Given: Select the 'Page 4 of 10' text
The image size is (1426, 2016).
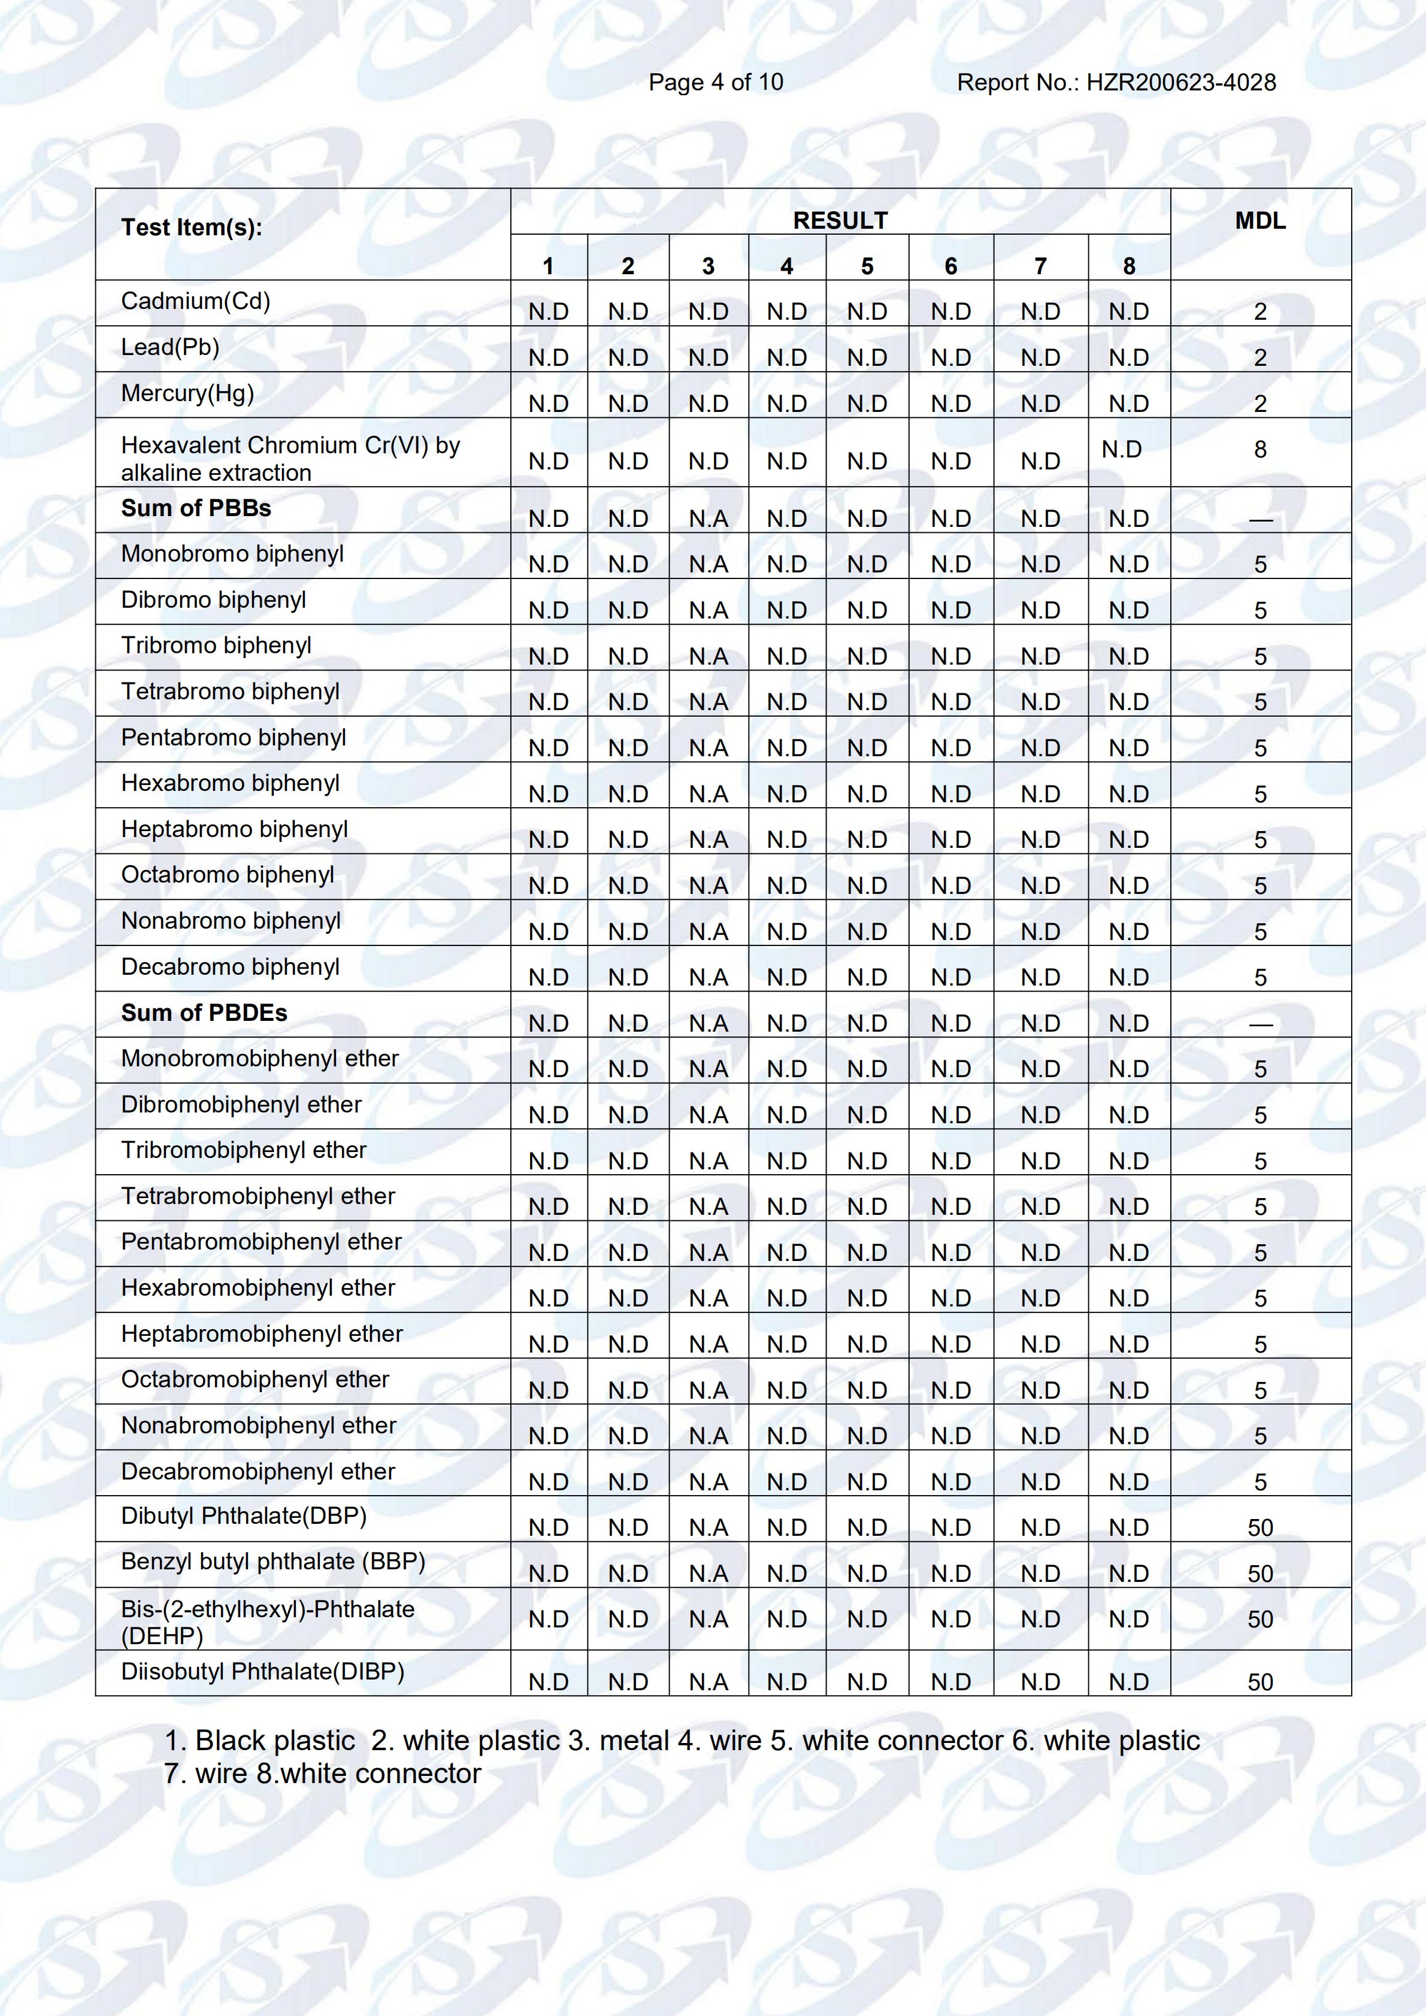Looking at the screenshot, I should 716,83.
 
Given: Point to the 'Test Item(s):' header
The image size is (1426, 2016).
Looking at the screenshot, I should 192,228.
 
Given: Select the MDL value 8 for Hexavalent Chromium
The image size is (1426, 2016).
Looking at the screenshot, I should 1260,450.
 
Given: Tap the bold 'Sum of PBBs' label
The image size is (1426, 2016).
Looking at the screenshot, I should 196,508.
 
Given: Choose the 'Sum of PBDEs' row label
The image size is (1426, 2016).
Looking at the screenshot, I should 204,1012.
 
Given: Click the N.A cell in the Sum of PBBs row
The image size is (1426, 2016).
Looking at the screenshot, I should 709,519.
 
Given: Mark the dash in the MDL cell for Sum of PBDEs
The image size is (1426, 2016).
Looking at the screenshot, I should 1260,1024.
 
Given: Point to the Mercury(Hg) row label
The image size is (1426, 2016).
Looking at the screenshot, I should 187,393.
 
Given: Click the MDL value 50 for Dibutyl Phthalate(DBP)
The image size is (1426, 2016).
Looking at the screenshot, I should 1260,1528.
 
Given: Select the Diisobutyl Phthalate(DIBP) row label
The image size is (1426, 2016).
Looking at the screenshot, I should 262,1671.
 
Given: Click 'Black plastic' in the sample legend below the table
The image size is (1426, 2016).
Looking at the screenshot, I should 275,1741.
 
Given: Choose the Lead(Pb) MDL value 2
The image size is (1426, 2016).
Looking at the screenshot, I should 1260,357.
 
